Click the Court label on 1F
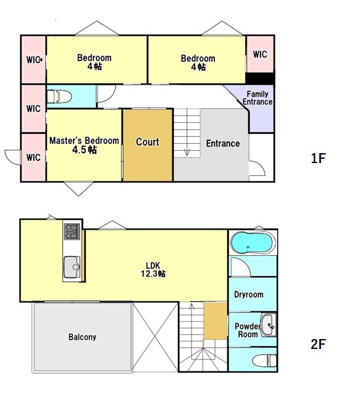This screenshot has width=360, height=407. [x=148, y=142]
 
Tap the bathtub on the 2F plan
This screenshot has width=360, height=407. [x=252, y=243]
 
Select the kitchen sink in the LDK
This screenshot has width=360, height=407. [x=72, y=267]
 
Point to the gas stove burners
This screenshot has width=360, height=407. [x=72, y=231]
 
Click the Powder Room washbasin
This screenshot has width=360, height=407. [x=269, y=325]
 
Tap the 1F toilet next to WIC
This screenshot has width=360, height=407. [x=59, y=96]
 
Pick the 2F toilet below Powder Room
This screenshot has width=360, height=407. [x=264, y=361]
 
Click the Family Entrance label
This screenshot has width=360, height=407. [x=257, y=98]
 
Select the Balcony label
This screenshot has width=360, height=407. [x=82, y=337]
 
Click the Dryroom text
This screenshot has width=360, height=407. [x=249, y=295]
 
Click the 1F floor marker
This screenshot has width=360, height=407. [x=318, y=158]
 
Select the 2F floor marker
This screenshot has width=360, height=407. [x=318, y=344]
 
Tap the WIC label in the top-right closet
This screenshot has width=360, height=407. [x=260, y=54]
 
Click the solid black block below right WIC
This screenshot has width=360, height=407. [x=260, y=78]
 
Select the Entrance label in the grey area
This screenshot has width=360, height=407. [x=223, y=143]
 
